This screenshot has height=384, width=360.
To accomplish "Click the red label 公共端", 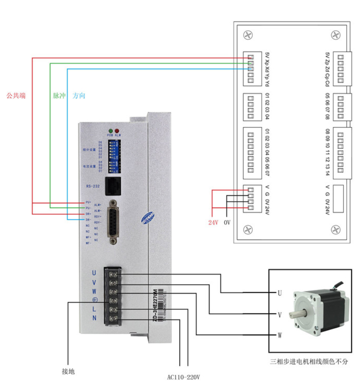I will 16,96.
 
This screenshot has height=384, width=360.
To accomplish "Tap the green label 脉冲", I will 59,96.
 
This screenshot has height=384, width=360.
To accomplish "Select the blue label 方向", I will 79,96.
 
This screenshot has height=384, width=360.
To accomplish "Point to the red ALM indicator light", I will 117,130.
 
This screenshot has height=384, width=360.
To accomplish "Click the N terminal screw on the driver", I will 113,318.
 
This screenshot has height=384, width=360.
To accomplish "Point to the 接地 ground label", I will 68,372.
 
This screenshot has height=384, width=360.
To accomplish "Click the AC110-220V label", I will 184,378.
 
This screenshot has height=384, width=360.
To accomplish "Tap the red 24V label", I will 213,223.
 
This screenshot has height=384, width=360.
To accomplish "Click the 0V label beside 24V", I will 227,223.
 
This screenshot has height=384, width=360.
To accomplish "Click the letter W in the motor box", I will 280,335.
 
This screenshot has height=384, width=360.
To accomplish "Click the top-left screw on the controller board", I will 248,35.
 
